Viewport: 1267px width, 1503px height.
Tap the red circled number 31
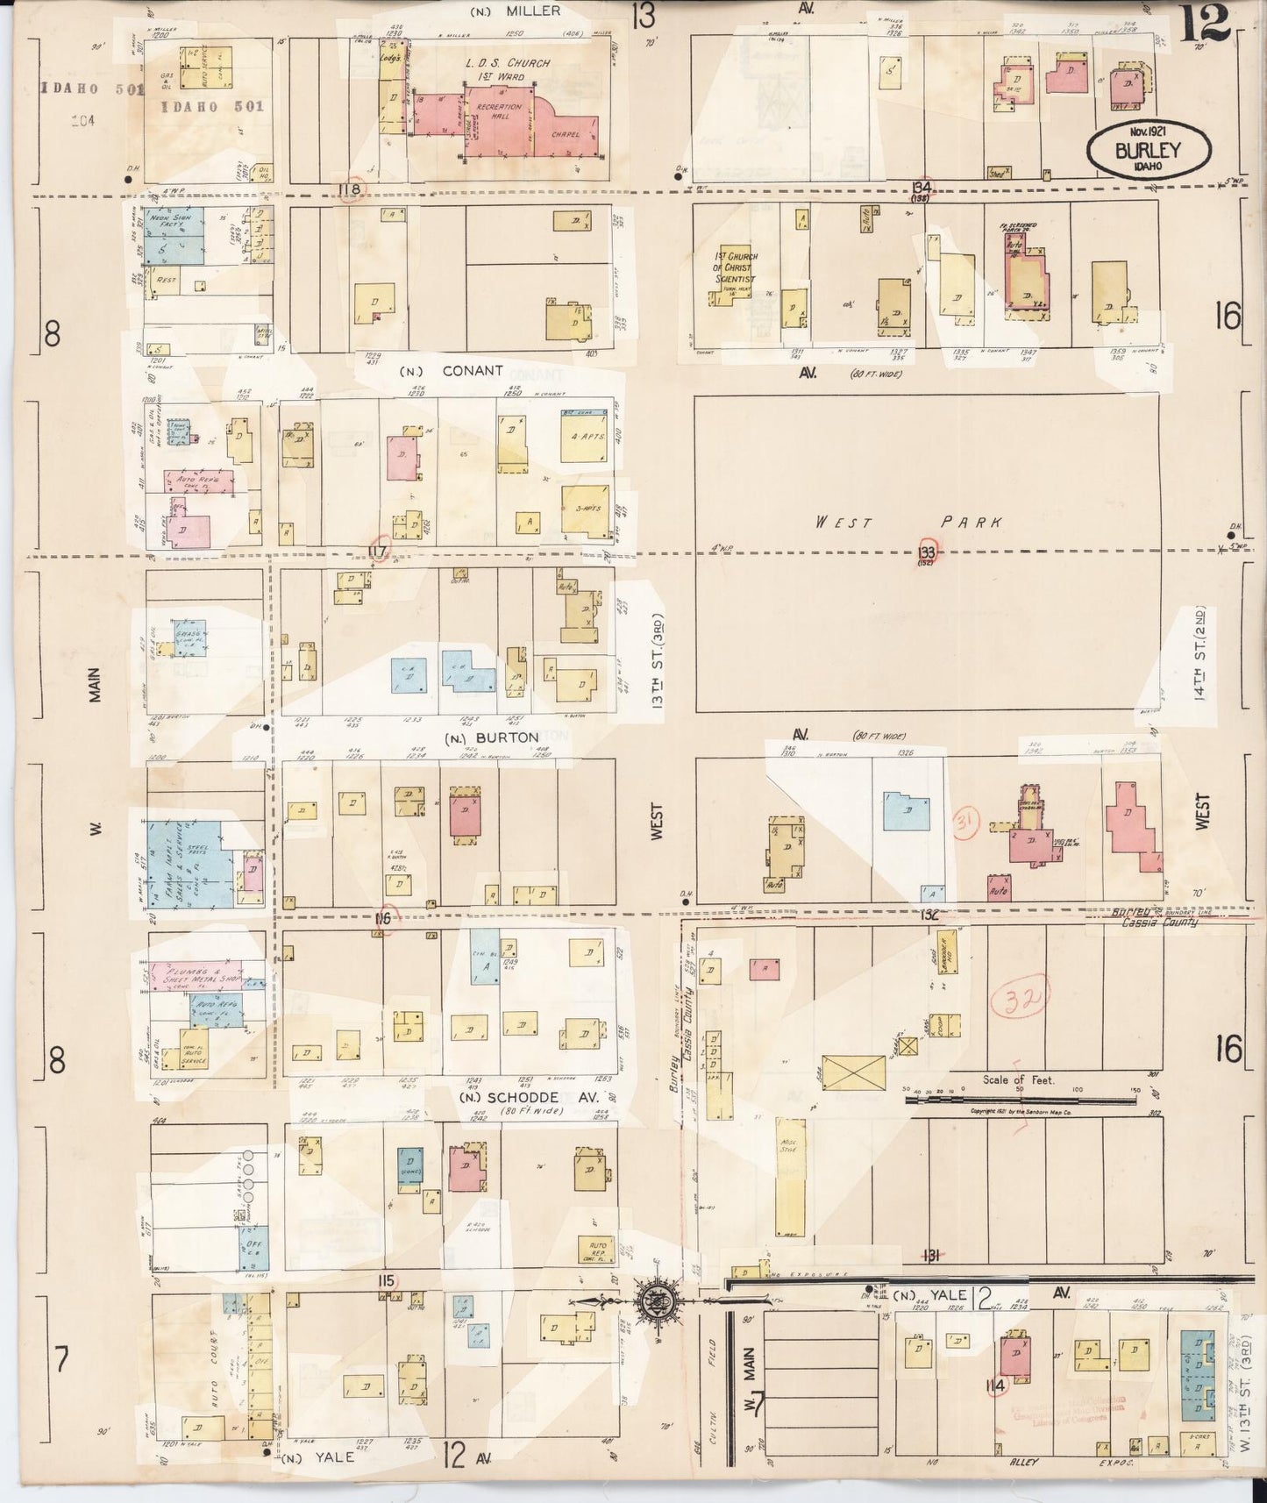click(966, 822)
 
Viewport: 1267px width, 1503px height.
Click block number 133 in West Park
click(928, 552)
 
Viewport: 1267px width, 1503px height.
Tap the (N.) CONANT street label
click(452, 371)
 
